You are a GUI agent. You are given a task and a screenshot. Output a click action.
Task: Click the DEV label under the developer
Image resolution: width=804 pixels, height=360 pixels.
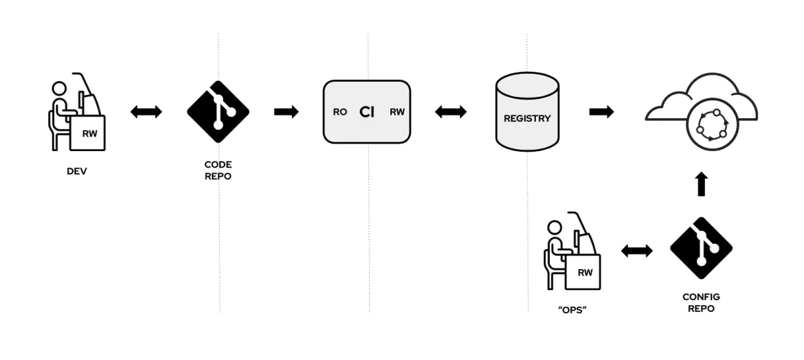tap(77, 171)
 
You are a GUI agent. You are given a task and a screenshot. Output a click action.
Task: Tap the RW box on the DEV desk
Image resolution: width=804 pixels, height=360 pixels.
tap(90, 133)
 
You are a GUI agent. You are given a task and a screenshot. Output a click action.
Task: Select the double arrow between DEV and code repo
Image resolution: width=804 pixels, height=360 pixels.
tap(146, 112)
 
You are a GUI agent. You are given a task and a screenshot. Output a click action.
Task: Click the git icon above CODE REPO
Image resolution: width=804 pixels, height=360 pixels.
tap(218, 111)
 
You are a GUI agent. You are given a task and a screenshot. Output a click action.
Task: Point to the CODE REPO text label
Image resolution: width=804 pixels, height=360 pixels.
tap(218, 170)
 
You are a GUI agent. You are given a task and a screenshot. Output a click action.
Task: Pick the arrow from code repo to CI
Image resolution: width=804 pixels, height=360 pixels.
tap(287, 112)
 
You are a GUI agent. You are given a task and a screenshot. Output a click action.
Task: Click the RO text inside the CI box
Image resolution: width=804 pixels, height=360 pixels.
tap(340, 112)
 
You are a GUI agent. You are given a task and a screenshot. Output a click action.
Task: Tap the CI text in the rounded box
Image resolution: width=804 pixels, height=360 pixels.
tap(367, 112)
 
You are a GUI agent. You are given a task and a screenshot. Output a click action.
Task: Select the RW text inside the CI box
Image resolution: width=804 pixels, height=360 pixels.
tap(397, 112)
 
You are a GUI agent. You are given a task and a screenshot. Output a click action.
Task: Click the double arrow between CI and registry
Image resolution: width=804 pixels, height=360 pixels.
tap(451, 112)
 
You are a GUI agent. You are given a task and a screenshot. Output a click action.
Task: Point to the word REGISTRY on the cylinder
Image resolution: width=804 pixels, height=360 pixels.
tap(527, 118)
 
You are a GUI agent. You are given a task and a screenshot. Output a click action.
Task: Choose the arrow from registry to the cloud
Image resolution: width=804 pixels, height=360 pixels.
tap(601, 112)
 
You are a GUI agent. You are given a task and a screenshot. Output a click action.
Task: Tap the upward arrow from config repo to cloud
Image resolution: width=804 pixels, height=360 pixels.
tap(701, 184)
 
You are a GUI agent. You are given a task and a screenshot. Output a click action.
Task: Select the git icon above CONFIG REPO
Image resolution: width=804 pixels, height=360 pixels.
tap(701, 248)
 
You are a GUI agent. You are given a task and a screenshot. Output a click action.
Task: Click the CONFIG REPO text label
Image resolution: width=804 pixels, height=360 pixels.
tap(701, 303)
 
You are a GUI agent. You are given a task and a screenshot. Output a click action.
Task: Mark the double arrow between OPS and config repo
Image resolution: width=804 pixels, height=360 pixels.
tap(637, 251)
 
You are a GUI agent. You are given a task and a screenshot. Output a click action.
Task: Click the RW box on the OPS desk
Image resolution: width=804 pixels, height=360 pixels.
tap(585, 272)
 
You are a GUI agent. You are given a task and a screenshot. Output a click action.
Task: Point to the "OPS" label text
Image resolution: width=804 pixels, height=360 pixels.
tap(572, 311)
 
